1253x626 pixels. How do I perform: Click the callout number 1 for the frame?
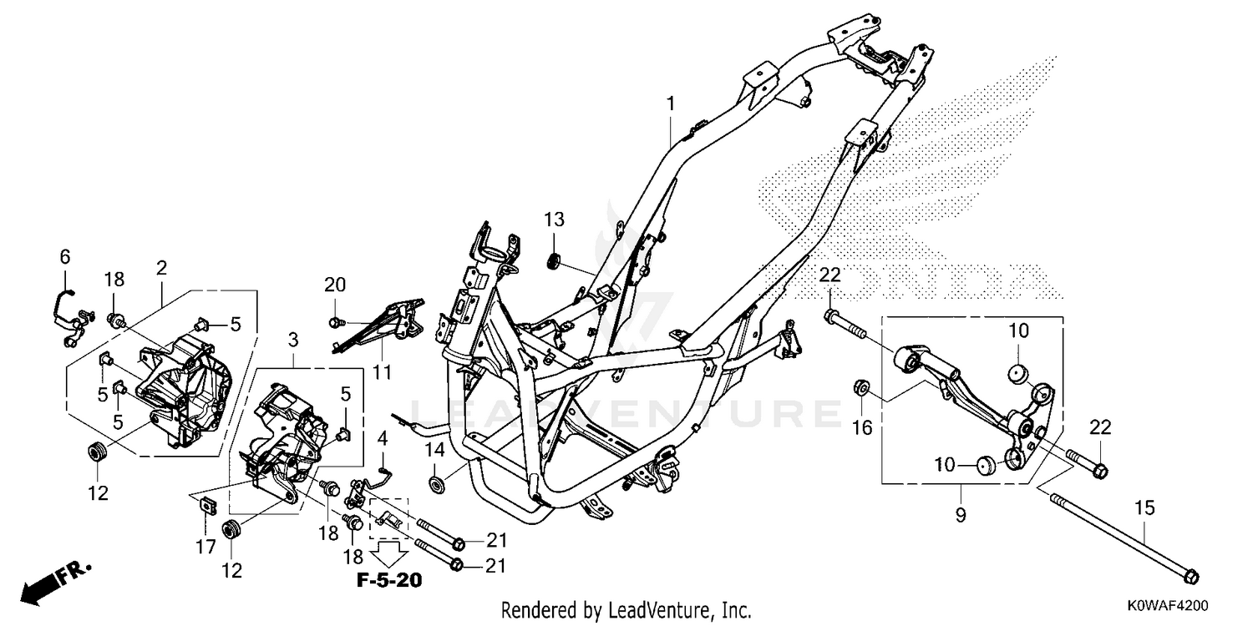pyautogui.click(x=670, y=103)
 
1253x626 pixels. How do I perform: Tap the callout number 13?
pyautogui.click(x=555, y=220)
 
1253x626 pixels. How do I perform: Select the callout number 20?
pyautogui.click(x=335, y=285)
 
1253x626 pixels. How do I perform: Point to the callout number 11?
pyautogui.click(x=383, y=371)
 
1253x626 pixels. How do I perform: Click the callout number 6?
pyautogui.click(x=65, y=257)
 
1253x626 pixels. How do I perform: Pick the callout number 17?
pyautogui.click(x=205, y=547)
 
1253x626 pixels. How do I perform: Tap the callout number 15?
pyautogui.click(x=1145, y=508)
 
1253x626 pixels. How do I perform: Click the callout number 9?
pyautogui.click(x=961, y=515)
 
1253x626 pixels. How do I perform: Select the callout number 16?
pyautogui.click(x=862, y=427)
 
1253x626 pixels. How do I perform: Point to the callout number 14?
pyautogui.click(x=434, y=449)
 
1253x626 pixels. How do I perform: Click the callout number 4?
pyautogui.click(x=383, y=439)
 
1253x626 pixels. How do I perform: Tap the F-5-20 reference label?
pyautogui.click(x=389, y=580)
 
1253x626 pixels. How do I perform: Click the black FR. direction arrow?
pyautogui.click(x=53, y=583)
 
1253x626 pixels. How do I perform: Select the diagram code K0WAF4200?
pyautogui.click(x=1168, y=605)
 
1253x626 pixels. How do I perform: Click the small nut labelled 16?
pyautogui.click(x=861, y=387)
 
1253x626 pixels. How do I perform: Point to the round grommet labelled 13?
pyautogui.click(x=554, y=261)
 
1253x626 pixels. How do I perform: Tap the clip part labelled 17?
pyautogui.click(x=208, y=505)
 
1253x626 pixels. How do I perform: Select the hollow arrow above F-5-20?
pyautogui.click(x=390, y=553)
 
